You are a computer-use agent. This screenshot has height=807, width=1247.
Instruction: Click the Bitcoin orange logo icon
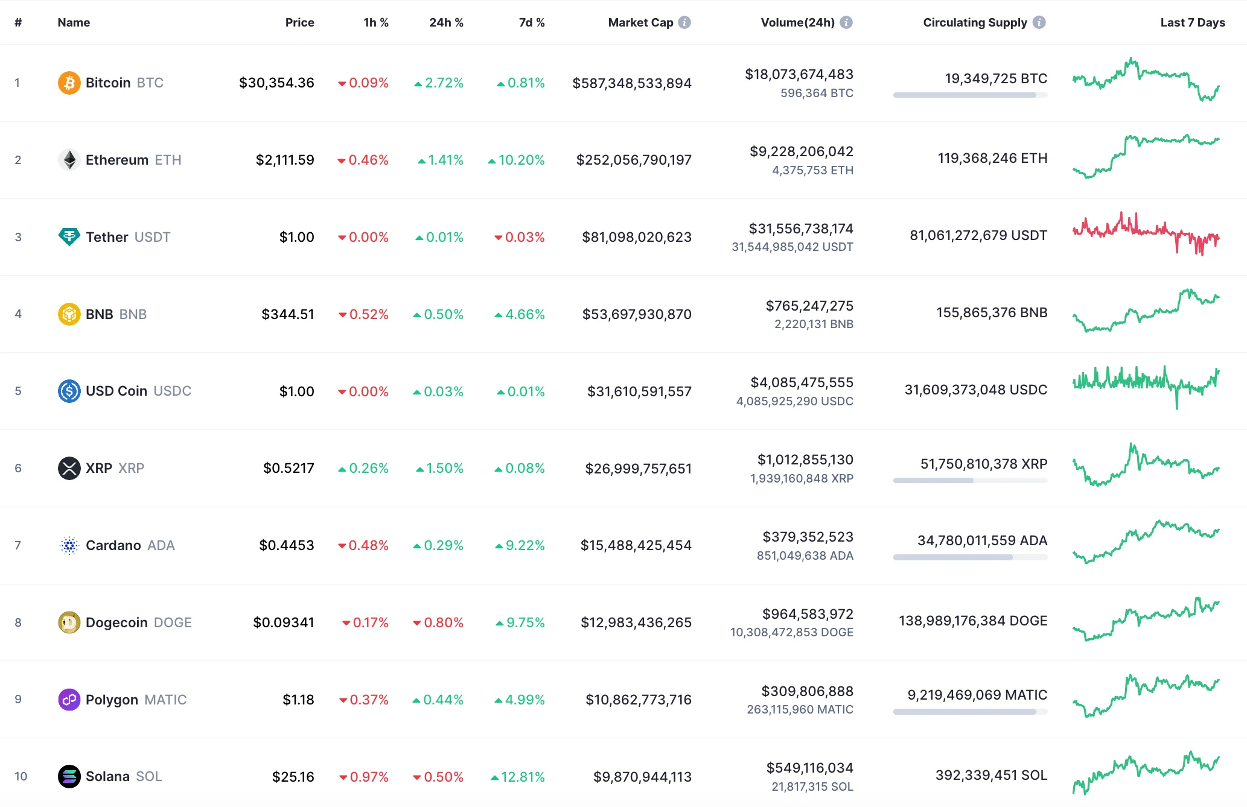coord(69,83)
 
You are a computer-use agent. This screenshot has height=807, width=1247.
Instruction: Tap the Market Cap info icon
coord(684,22)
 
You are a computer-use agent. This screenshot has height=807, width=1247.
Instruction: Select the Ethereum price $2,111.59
coord(285,160)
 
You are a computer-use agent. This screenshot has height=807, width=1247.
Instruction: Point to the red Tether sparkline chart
coord(1146,234)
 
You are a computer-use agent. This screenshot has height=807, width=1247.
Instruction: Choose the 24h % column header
coord(446,22)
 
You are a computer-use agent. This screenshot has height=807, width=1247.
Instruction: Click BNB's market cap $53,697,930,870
coord(637,314)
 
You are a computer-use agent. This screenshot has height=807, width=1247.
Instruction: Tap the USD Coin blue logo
coord(69,391)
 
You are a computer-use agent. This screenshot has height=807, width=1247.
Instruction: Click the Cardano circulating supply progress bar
coord(970,557)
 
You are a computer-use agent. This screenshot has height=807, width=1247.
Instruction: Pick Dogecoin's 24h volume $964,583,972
coord(808,614)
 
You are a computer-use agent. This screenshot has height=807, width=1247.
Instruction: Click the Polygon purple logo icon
coord(69,700)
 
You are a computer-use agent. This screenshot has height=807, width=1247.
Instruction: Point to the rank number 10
coord(21,776)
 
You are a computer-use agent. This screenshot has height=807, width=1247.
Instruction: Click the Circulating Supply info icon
coord(1039,22)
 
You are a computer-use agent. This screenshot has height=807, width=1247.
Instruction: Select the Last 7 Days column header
coord(1192,22)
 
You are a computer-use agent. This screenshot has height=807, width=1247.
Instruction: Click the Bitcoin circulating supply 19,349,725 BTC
coord(996,78)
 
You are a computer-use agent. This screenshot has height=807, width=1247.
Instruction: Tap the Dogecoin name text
coord(116,622)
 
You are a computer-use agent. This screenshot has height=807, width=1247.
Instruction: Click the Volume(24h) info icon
coord(846,22)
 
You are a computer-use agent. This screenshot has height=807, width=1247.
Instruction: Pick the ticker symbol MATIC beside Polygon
coord(165,700)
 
